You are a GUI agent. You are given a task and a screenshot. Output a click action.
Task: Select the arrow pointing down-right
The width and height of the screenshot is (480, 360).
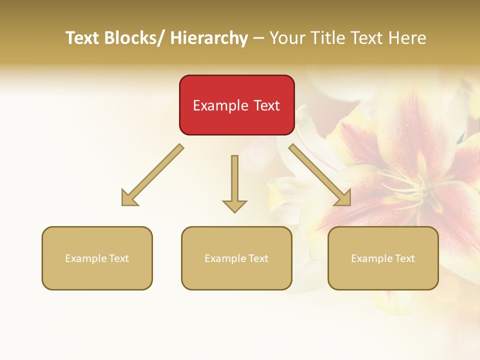point(320,175)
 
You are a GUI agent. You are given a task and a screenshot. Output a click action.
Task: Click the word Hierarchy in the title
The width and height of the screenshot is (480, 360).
point(209,38)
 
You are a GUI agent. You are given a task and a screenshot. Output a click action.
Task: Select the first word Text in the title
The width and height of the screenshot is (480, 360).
point(83,38)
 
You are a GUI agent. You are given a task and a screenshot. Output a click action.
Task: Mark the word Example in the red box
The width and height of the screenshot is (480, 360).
point(220,105)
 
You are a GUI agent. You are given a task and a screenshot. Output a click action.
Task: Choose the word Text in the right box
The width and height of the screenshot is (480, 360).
point(404,258)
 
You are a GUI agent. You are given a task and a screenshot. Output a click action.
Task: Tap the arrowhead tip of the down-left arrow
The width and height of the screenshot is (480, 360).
point(123,204)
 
